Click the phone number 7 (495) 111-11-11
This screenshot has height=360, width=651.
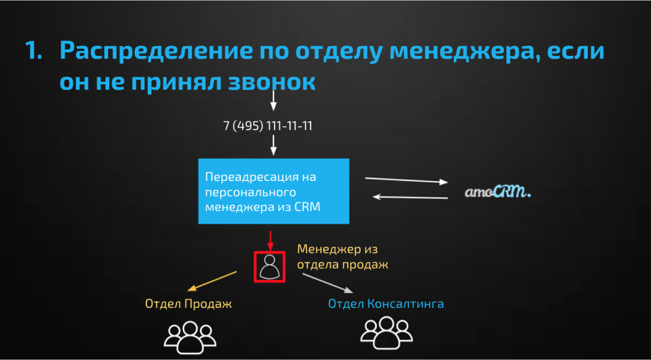(x=268, y=126)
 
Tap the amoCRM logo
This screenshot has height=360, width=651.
(x=498, y=192)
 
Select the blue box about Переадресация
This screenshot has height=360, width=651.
(x=273, y=191)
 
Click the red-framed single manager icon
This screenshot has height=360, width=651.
(x=270, y=267)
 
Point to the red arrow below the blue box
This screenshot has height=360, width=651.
(x=270, y=241)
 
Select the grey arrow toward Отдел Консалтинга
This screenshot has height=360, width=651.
(x=327, y=283)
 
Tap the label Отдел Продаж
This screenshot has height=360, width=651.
(x=188, y=304)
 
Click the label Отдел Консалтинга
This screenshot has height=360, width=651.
(x=385, y=304)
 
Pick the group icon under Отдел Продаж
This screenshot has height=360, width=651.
(x=190, y=337)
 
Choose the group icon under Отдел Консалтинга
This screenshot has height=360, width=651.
(x=387, y=333)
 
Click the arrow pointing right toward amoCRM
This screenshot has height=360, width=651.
(x=407, y=180)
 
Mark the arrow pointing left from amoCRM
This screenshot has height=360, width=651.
(x=410, y=197)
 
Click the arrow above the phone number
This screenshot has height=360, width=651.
(x=273, y=100)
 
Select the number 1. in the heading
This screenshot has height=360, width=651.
(x=34, y=51)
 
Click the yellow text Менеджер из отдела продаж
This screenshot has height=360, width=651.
(x=342, y=257)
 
